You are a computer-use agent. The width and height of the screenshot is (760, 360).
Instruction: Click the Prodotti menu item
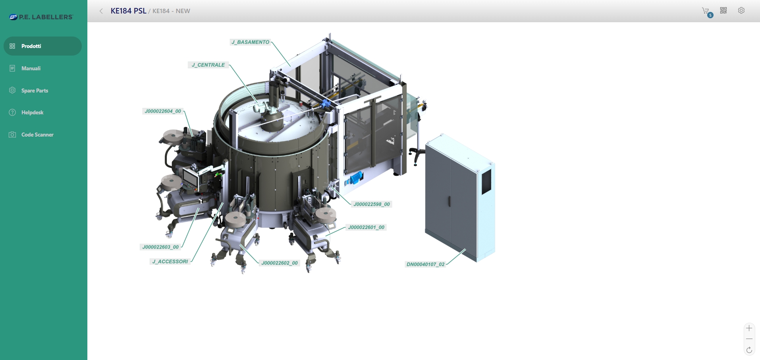pyautogui.click(x=42, y=46)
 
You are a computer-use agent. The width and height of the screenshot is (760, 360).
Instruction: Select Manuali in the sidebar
pyautogui.click(x=31, y=68)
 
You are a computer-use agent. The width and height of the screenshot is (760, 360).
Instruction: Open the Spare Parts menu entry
pyautogui.click(x=35, y=90)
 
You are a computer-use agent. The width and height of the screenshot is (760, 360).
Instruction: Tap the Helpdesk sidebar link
pyautogui.click(x=32, y=112)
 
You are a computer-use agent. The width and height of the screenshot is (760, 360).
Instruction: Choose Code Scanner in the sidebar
pyautogui.click(x=37, y=135)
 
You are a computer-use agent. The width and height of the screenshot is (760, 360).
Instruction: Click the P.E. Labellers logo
pyautogui.click(x=41, y=17)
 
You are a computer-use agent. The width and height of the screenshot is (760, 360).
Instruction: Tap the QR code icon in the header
pyautogui.click(x=723, y=11)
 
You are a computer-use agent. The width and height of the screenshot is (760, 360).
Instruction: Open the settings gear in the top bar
pyautogui.click(x=741, y=11)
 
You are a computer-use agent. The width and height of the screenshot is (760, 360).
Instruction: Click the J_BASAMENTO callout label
pyautogui.click(x=250, y=42)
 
